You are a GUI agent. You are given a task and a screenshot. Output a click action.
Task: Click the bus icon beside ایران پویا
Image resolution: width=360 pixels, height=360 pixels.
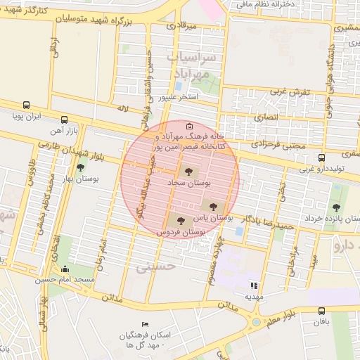[x=26, y=104]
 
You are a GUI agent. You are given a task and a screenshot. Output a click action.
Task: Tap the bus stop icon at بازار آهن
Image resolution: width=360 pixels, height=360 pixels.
[x=65, y=120]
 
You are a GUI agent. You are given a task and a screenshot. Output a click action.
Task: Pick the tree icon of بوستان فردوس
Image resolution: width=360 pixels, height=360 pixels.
[x=181, y=220]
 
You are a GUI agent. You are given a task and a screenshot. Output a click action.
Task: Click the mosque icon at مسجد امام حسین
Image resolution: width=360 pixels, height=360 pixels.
[x=65, y=269]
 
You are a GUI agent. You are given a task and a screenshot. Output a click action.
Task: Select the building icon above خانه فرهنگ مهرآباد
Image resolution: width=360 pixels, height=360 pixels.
[x=179, y=125]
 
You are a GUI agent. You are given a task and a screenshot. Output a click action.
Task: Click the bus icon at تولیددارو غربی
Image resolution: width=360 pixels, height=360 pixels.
[x=321, y=157]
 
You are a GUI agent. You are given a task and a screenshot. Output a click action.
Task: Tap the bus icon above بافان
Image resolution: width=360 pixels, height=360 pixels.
[x=322, y=310]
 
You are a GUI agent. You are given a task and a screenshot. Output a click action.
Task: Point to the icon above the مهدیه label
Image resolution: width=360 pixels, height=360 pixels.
[x=254, y=285]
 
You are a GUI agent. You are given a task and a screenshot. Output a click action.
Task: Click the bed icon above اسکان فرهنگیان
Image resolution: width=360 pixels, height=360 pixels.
[x=146, y=323]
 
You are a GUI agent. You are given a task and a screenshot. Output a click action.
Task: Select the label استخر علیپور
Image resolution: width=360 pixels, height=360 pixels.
[x=179, y=96]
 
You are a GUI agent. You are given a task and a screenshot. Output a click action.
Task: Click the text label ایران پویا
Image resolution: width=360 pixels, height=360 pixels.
[x=30, y=115]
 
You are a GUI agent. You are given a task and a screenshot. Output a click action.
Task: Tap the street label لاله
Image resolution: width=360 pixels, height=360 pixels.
[x=124, y=109]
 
